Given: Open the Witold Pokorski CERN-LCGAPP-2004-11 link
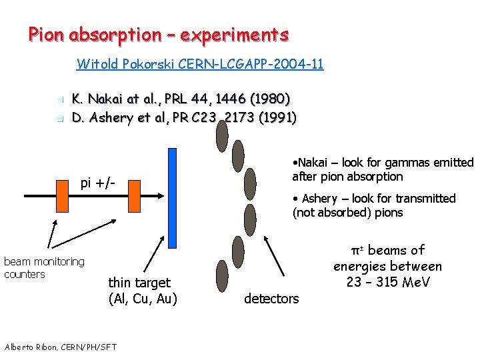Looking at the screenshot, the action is (200, 65).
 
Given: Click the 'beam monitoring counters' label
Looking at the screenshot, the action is (44, 267).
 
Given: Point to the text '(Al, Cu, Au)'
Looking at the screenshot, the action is (143, 299).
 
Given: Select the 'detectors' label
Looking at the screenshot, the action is (271, 299).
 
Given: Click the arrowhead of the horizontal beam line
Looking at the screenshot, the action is (160, 195).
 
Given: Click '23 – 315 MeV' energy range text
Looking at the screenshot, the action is (387, 282).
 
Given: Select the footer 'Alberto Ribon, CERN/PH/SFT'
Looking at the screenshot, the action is (61, 346).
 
